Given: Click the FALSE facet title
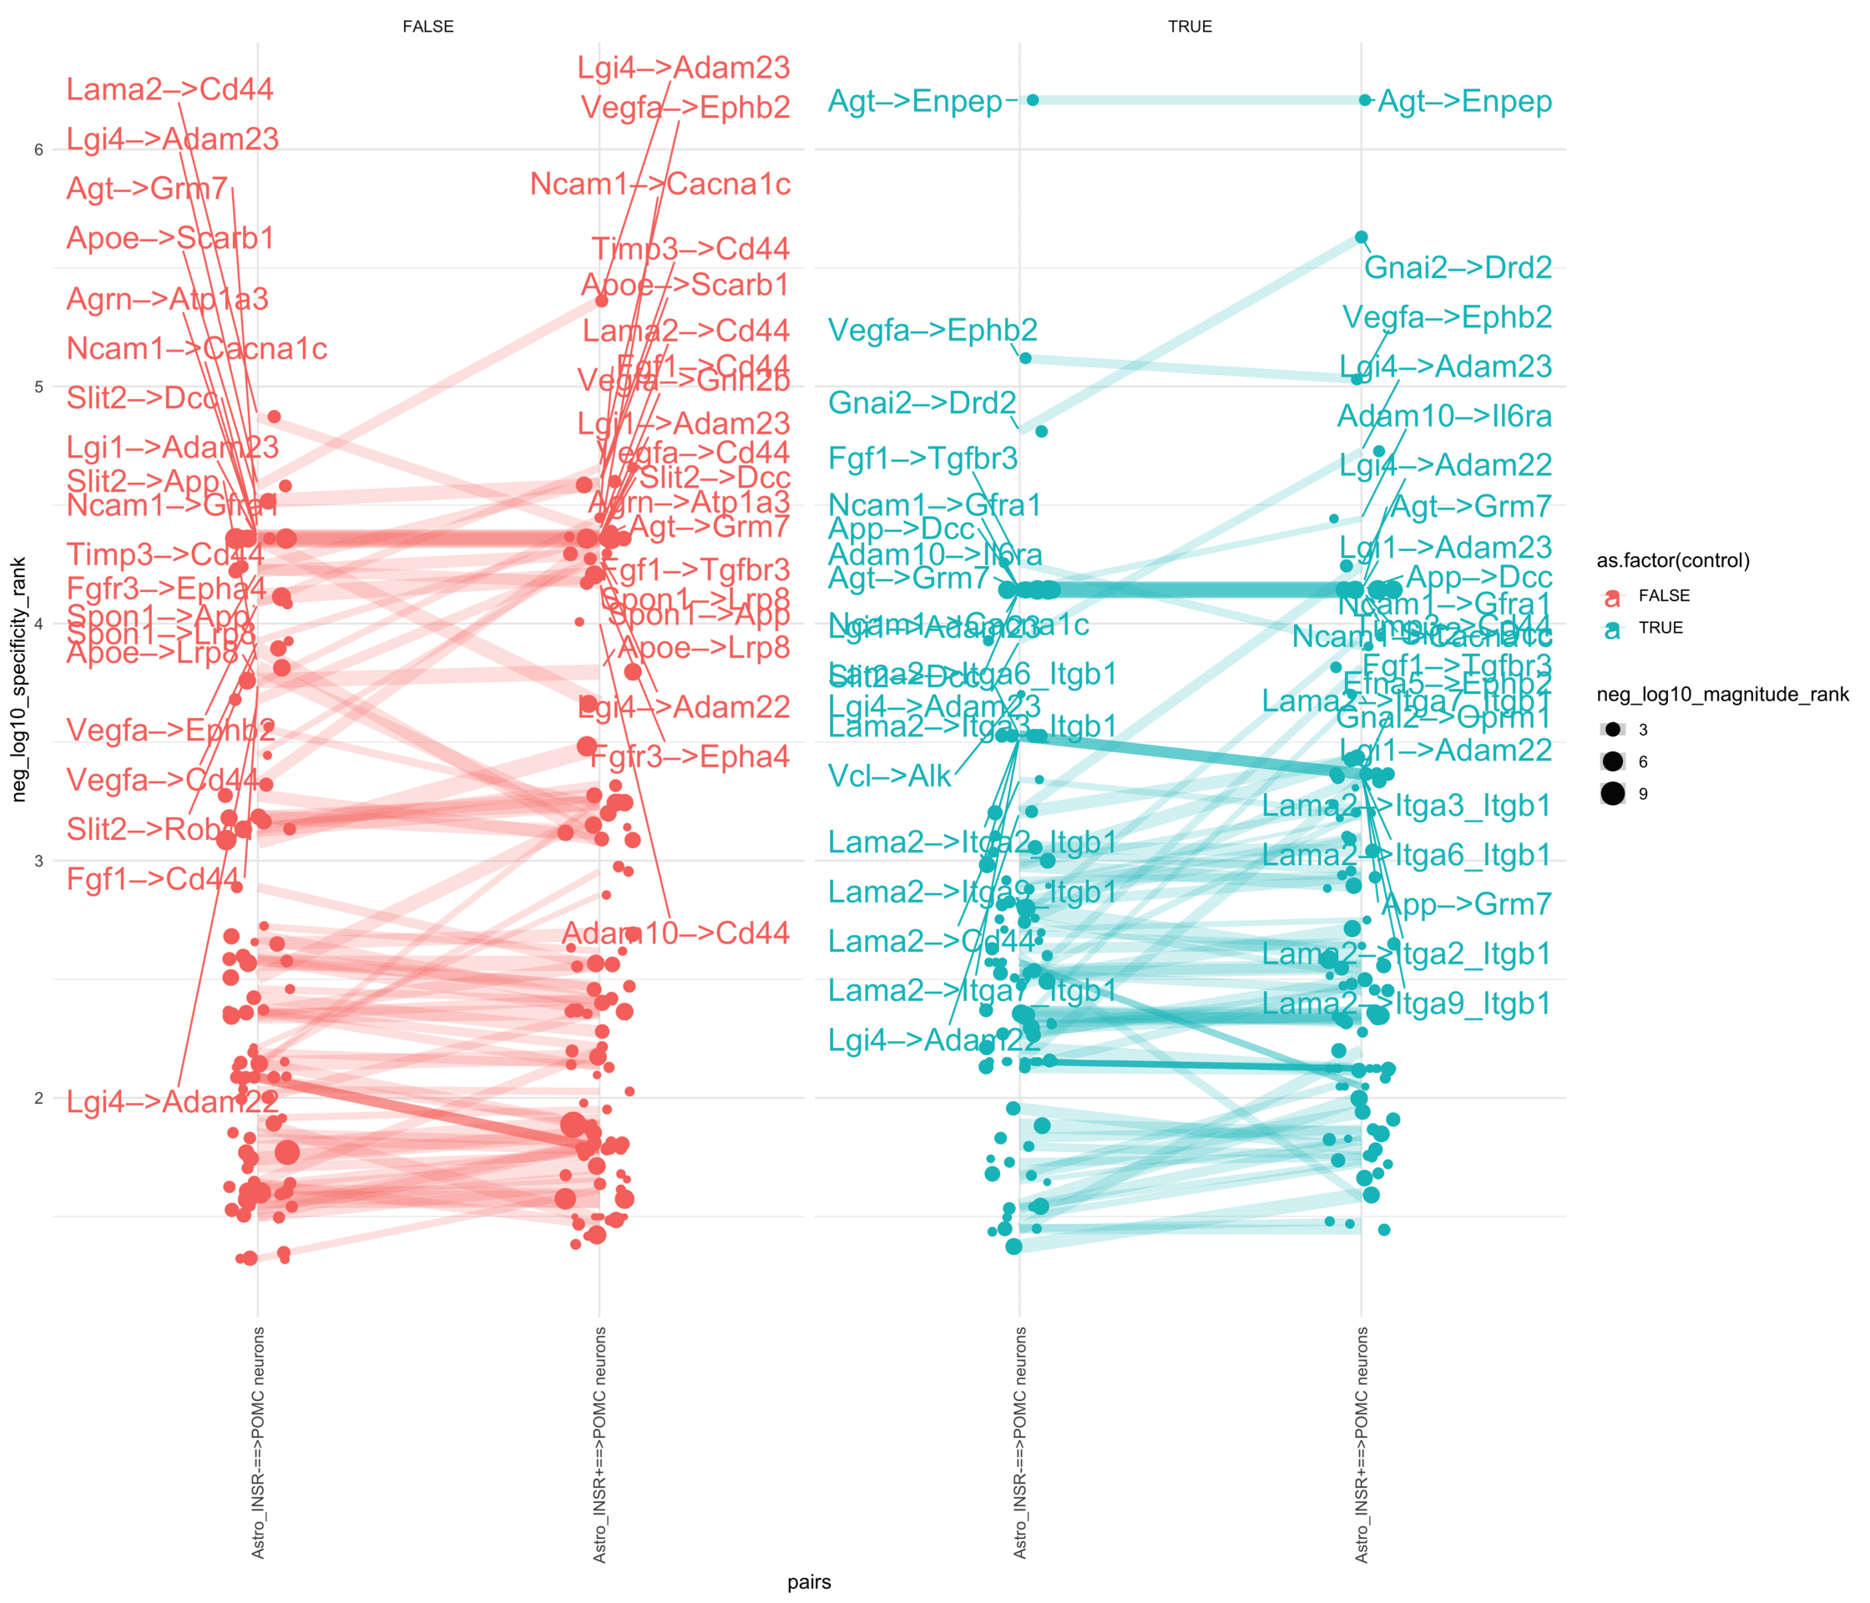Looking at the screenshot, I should tap(427, 26).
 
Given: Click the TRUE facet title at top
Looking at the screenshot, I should tap(1190, 26).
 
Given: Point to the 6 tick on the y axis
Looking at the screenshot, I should tap(38, 149).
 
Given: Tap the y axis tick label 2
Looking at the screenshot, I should tap(38, 1099).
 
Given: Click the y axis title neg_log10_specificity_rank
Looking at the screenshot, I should tap(19, 679).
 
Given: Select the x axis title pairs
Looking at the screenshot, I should tap(809, 1582).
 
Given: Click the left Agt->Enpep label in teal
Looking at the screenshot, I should tap(915, 101).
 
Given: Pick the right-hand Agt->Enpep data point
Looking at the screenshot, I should tap(1365, 100).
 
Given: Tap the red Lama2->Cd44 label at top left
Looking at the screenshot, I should tap(169, 89).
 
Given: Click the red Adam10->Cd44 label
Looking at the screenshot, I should tap(676, 933).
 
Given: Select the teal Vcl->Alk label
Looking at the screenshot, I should tap(890, 776).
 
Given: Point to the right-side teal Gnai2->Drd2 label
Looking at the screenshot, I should tap(1458, 267).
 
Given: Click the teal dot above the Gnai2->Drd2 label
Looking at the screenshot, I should tap(1361, 237).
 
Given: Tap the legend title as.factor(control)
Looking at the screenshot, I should tap(1673, 560).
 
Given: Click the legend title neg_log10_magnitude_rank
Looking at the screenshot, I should tap(1722, 694).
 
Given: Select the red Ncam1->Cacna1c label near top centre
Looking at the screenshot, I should tap(660, 185).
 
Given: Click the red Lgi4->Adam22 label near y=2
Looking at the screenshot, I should tap(172, 1101).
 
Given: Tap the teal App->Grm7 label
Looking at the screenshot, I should tap(1466, 903).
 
